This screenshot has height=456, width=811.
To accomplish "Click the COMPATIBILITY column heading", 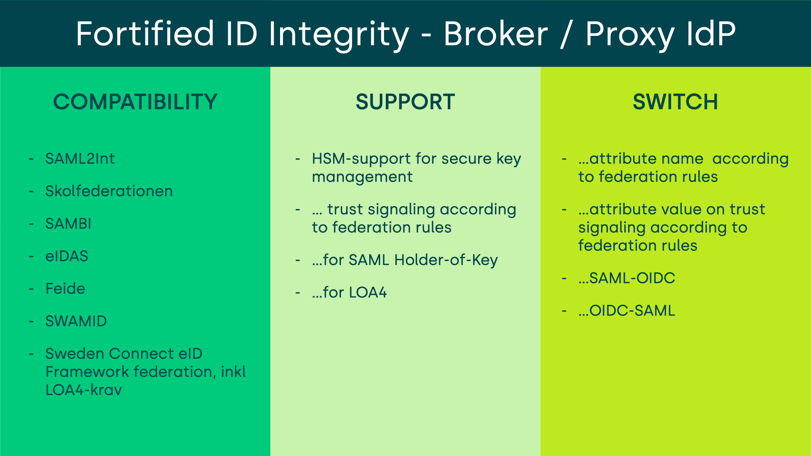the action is click(x=135, y=102).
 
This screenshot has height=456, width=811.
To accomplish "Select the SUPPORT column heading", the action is click(x=405, y=102).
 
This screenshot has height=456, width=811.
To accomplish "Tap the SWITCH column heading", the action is click(x=675, y=102).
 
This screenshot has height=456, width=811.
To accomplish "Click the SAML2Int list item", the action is click(x=80, y=159).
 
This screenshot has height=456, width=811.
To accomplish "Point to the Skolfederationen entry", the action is click(x=109, y=191).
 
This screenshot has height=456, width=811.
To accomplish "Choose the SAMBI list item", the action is click(x=68, y=224).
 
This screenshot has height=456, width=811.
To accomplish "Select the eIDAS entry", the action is click(x=67, y=256).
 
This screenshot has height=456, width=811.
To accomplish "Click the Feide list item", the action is click(x=65, y=289).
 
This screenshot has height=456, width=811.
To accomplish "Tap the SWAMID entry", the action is click(x=76, y=321).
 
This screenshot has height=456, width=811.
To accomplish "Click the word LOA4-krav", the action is click(x=84, y=390).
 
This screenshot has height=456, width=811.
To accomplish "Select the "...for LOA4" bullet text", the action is click(x=349, y=293).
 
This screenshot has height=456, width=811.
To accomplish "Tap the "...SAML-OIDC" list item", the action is click(x=627, y=278).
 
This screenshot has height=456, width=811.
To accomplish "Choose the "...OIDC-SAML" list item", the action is click(x=627, y=311).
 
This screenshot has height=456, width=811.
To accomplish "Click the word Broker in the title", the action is click(x=495, y=34).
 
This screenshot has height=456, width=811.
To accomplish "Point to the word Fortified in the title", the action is click(x=145, y=34).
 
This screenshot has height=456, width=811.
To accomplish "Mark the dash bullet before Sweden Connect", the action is click(x=31, y=354).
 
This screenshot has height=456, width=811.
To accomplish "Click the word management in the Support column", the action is click(x=362, y=177).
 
